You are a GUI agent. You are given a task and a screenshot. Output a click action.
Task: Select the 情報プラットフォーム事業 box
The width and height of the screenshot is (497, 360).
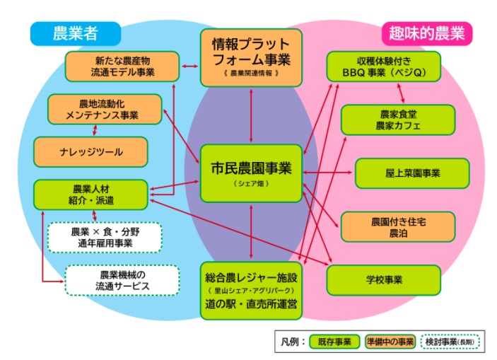tap(251, 57)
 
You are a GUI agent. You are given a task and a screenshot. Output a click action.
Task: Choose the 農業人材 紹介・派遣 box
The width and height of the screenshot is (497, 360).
tap(90, 194)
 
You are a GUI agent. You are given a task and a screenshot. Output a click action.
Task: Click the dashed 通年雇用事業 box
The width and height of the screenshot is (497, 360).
tap(105, 237)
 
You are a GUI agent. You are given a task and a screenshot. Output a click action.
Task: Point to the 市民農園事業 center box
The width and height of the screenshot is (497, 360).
tap(251, 170)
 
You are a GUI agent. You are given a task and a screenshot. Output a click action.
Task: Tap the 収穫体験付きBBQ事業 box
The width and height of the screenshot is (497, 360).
tap(384, 66)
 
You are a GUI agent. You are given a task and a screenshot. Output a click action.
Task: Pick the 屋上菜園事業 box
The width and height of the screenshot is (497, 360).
tap(411, 173)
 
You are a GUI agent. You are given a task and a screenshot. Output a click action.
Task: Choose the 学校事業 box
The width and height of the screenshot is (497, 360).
tap(384, 279)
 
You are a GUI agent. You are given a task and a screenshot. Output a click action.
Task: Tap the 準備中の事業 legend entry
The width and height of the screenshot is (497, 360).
tap(390, 341)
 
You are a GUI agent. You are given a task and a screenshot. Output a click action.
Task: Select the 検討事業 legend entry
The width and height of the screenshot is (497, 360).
tap(450, 341)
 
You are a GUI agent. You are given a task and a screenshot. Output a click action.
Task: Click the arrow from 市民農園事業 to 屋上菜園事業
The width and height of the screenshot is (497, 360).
tap(328, 172)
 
